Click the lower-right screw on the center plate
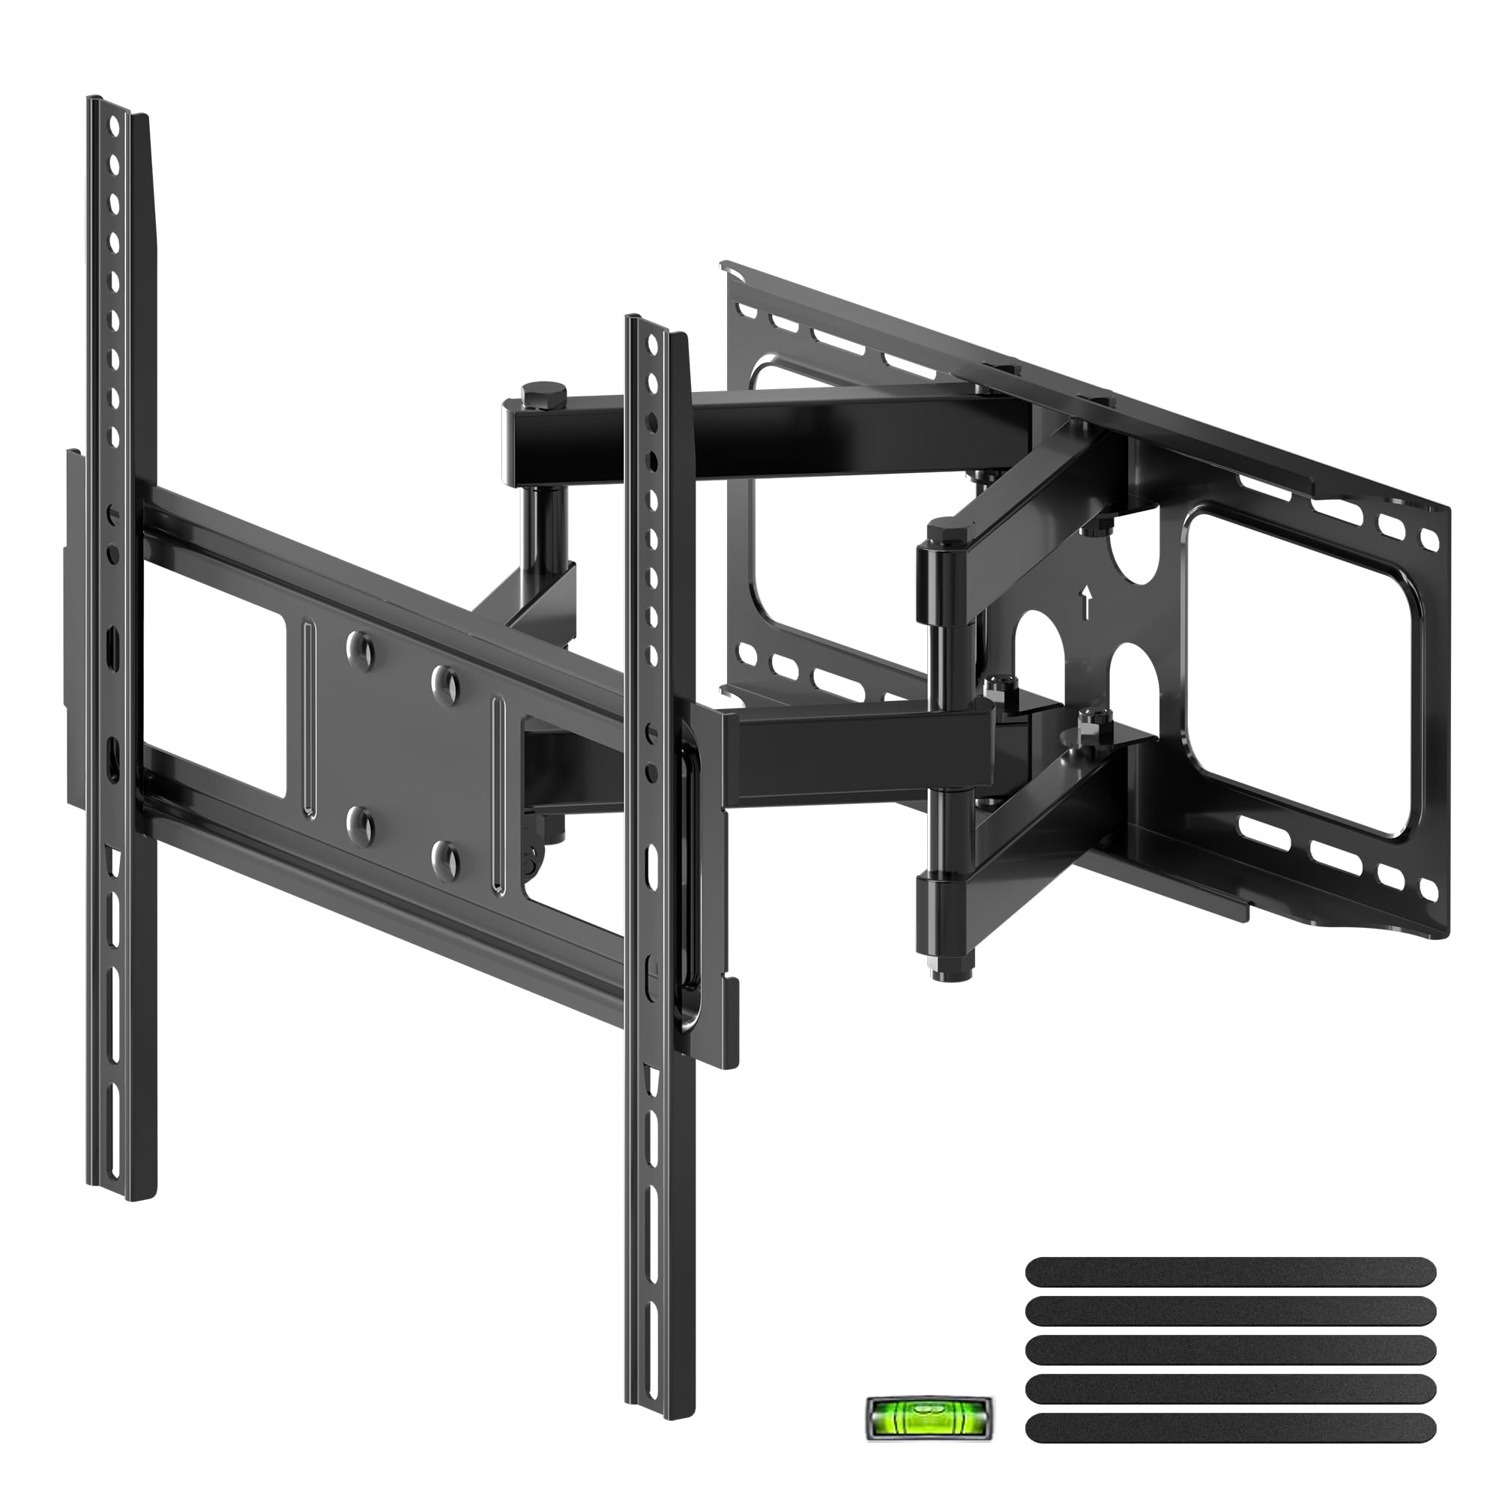pyautogui.click(x=446, y=854)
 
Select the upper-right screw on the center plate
pyautogui.click(x=446, y=681)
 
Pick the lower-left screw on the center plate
pyautogui.click(x=359, y=822)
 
